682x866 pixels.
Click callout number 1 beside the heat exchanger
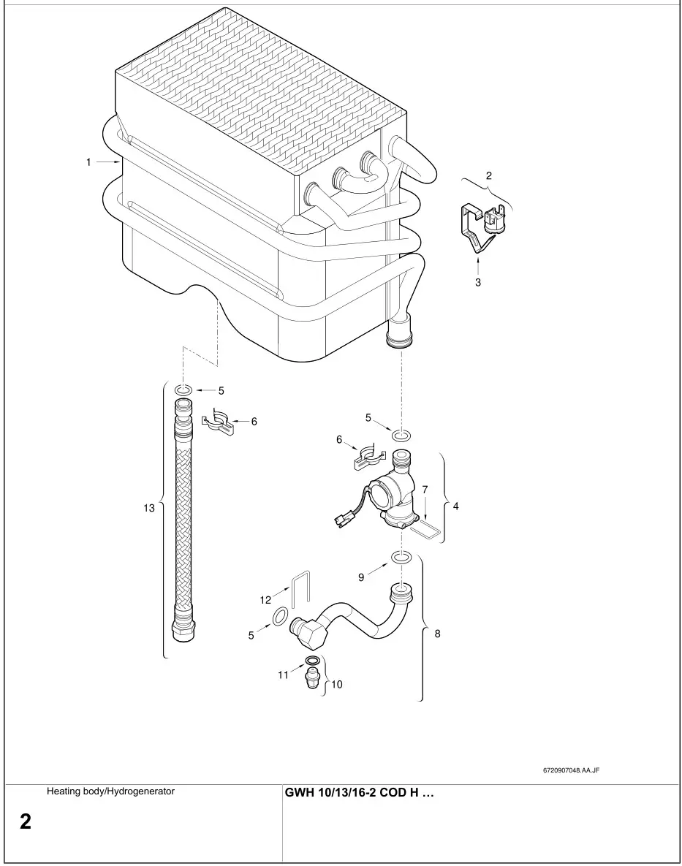pyautogui.click(x=88, y=162)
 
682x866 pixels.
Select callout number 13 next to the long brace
pyautogui.click(x=149, y=508)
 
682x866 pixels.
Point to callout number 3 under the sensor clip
pyautogui.click(x=477, y=283)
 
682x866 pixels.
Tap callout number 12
pyautogui.click(x=265, y=599)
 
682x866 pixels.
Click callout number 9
pyautogui.click(x=361, y=577)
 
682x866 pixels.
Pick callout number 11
pyautogui.click(x=283, y=675)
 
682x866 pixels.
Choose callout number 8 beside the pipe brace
pyautogui.click(x=437, y=634)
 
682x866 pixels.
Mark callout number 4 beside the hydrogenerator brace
pyautogui.click(x=455, y=505)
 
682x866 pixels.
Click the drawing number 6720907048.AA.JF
pyautogui.click(x=571, y=770)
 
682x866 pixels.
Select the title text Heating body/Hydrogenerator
pyautogui.click(x=110, y=791)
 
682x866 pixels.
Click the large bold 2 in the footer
pyautogui.click(x=26, y=822)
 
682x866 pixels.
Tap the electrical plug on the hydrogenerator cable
pyautogui.click(x=341, y=520)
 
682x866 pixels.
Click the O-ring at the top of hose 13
pyautogui.click(x=183, y=390)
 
